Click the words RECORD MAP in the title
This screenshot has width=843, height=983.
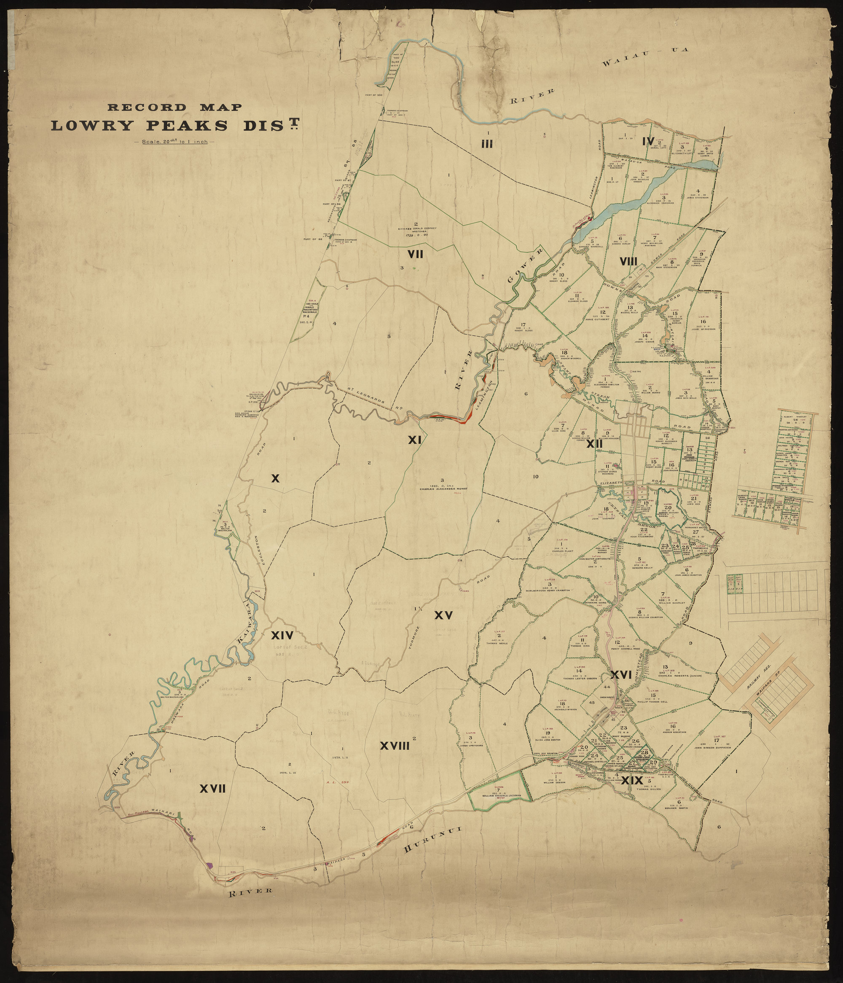[175, 107]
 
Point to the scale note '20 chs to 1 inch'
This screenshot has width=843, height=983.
[174, 141]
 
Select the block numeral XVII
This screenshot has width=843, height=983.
[212, 789]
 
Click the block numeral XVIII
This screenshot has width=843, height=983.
[395, 746]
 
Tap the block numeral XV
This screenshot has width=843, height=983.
[443, 615]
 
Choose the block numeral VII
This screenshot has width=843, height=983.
[415, 255]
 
